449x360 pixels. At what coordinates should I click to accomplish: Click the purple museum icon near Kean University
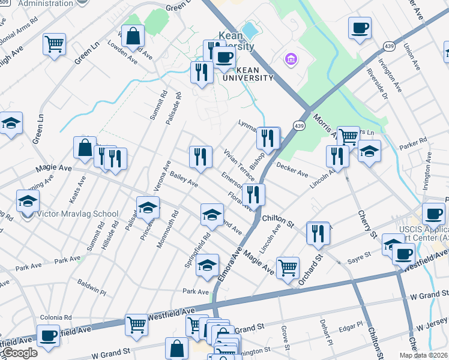point(291,59)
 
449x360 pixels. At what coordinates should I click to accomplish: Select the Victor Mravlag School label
point(77,214)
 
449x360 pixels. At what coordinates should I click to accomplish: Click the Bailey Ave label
point(184,178)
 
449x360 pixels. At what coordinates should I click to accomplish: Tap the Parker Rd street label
point(413,142)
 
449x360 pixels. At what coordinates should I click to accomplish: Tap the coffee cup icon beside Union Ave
point(360,28)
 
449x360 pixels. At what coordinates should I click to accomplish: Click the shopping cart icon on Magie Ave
point(288,267)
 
